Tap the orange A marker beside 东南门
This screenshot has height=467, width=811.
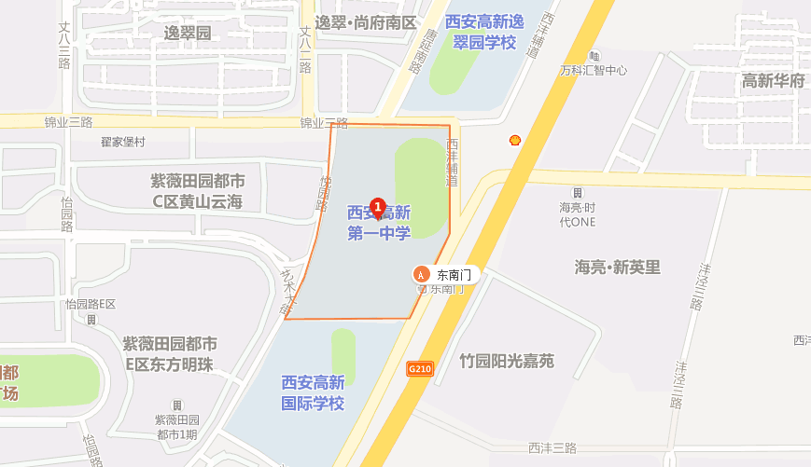click(x=421, y=274)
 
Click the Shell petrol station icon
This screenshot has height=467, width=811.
click(x=513, y=140)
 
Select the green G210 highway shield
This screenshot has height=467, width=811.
click(x=420, y=369)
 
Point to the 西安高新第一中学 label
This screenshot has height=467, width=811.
click(x=379, y=223)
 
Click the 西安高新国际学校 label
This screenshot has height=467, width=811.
click(x=314, y=392)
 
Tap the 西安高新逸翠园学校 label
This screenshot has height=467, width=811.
click(x=481, y=32)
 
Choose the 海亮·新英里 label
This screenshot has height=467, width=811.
click(x=617, y=268)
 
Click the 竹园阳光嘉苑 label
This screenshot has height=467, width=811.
click(x=507, y=361)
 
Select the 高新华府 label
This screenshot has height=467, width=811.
click(x=773, y=81)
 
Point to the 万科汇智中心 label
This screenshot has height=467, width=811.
click(x=594, y=70)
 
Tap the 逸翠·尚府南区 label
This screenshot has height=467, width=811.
click(x=364, y=22)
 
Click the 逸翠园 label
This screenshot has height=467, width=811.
click(x=189, y=34)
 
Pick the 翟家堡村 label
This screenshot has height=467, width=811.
click(x=123, y=142)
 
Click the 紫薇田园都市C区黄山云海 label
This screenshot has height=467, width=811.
click(x=198, y=190)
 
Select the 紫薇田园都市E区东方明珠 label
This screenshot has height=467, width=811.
click(x=170, y=354)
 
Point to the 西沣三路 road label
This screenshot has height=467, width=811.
click(x=552, y=448)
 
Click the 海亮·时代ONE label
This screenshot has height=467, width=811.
click(x=577, y=214)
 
